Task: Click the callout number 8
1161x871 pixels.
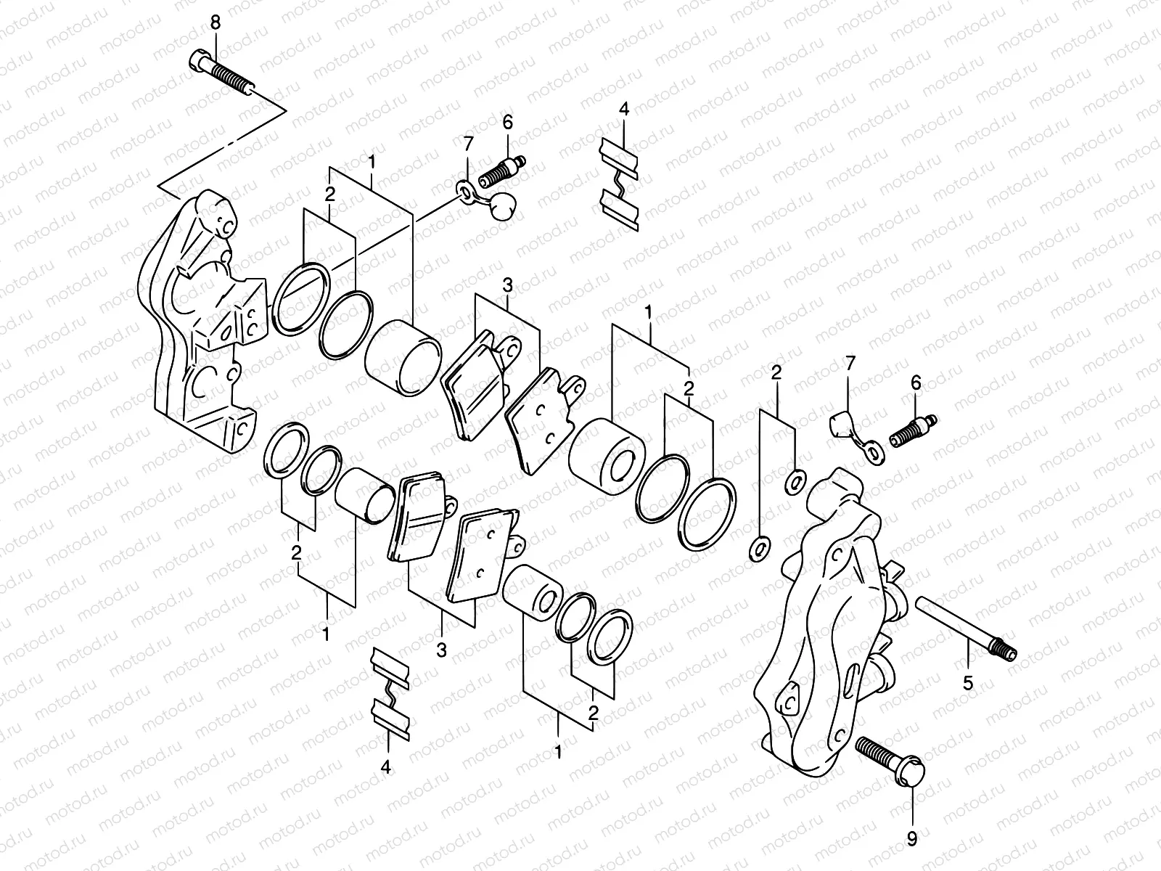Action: point(215,23)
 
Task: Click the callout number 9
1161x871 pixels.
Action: point(912,839)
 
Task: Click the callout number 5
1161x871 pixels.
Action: point(968,682)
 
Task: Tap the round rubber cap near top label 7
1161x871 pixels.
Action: point(501,206)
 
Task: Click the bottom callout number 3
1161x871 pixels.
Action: point(441,650)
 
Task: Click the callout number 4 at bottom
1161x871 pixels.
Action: point(386,766)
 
